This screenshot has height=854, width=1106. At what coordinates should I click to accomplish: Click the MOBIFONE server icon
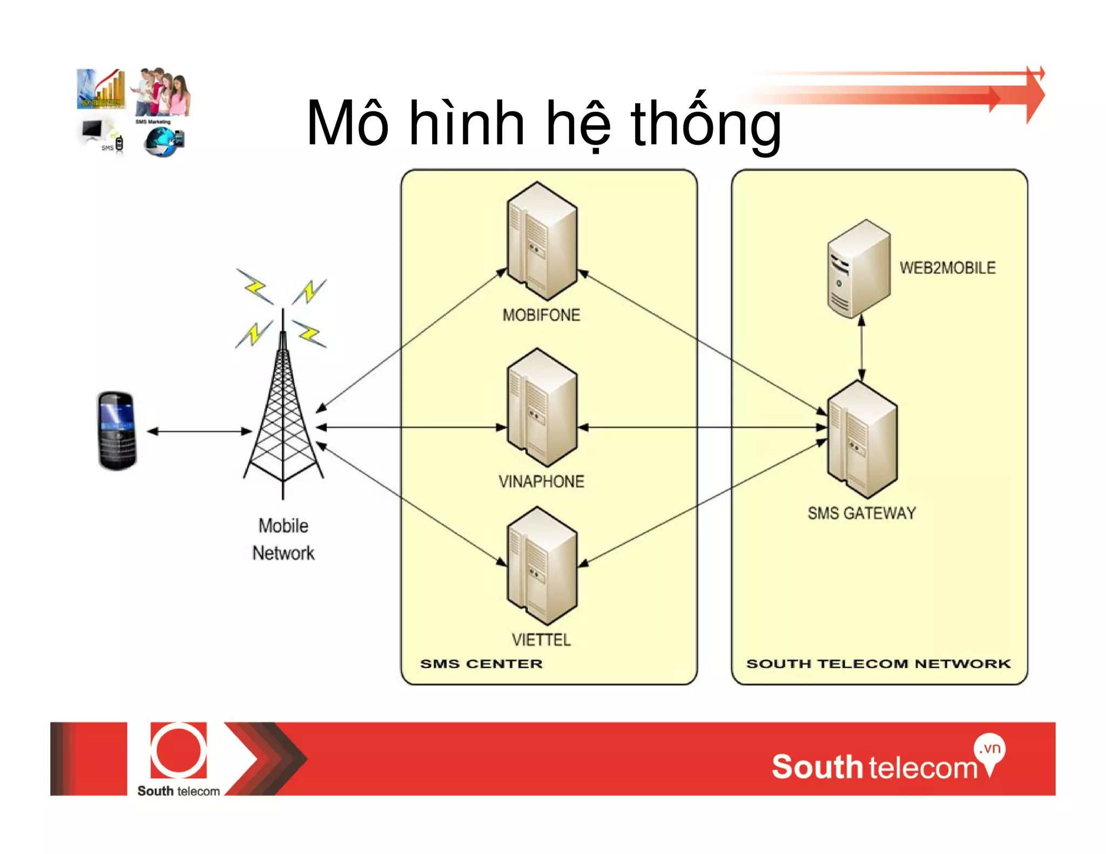[x=542, y=241]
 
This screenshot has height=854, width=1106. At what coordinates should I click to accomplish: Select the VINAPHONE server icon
[x=542, y=407]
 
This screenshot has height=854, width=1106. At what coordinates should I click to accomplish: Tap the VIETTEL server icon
[x=542, y=566]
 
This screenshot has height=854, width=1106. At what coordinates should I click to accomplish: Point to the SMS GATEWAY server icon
[x=862, y=439]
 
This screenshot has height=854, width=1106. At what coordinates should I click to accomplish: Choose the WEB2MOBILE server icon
[x=859, y=268]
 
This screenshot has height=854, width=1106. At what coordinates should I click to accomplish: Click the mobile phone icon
[x=117, y=431]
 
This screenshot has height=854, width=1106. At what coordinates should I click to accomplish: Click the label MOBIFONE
[x=541, y=315]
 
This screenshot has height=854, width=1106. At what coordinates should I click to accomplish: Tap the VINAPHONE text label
[x=541, y=482]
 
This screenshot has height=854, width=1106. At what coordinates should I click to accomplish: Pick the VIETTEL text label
[x=541, y=640]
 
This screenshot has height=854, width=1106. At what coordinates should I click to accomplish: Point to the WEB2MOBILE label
[x=947, y=268]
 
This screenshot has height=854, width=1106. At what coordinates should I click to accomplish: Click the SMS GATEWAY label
[x=861, y=513]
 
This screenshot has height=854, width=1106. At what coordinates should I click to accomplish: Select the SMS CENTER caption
[x=481, y=664]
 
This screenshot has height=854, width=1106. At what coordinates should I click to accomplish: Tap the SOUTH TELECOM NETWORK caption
[x=878, y=664]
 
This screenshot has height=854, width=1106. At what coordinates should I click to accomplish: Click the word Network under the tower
[x=284, y=553]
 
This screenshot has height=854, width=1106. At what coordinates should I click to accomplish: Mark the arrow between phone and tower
[x=199, y=431]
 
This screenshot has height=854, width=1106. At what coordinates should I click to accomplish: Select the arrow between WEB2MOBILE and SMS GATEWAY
[x=861, y=348]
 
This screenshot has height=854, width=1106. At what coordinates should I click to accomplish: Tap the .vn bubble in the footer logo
[x=990, y=749]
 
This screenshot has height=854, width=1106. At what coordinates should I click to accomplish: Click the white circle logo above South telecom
[x=178, y=750]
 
